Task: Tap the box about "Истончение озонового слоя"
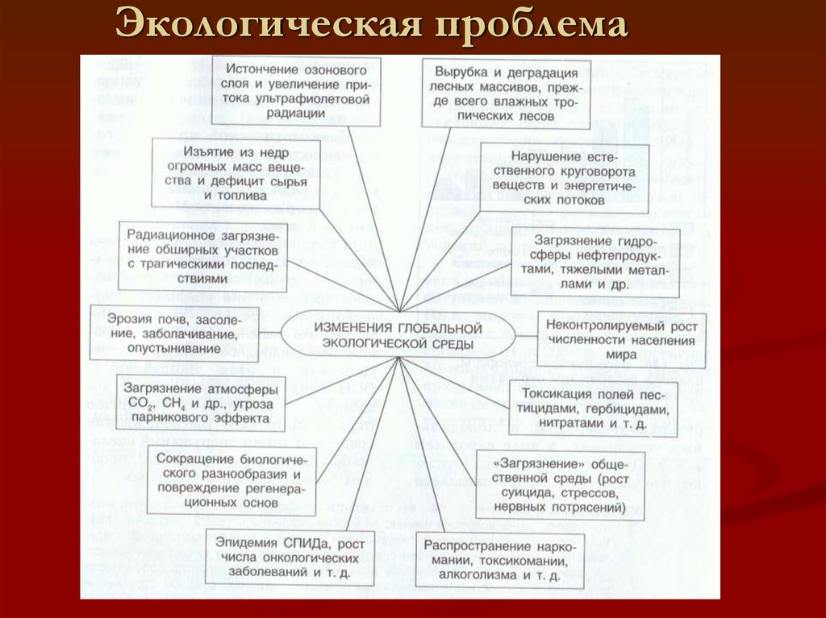coord(296,89)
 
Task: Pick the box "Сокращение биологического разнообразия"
coord(232,479)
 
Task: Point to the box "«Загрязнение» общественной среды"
coord(561,485)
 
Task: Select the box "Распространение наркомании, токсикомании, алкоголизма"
coord(500,560)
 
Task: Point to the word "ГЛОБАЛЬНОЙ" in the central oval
coord(440,329)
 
